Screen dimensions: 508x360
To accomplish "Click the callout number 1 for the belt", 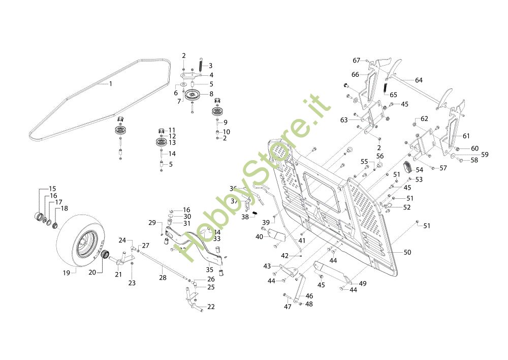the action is point(111,83).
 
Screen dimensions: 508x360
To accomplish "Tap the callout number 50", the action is point(407,252).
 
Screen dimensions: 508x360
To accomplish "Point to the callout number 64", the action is point(419,80).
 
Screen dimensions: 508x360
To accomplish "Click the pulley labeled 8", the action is point(192,95).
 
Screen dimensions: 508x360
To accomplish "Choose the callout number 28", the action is point(163,278).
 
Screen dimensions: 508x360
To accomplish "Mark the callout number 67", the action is point(357,61).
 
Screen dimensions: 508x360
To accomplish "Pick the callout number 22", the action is point(211,307).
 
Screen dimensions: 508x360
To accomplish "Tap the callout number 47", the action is point(288,307).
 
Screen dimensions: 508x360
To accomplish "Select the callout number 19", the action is point(66,273).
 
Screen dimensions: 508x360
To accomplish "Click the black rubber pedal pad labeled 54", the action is point(407,167).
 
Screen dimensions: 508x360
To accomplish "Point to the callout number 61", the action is point(466,136).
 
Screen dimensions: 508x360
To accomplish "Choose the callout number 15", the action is point(52,189).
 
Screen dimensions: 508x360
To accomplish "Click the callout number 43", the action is point(267,266).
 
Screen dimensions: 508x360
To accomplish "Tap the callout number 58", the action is point(474,160).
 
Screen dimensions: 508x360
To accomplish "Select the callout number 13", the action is point(172,143).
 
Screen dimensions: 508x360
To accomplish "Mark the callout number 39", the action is point(266,223).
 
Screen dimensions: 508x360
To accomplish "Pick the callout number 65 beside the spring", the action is point(393,95).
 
